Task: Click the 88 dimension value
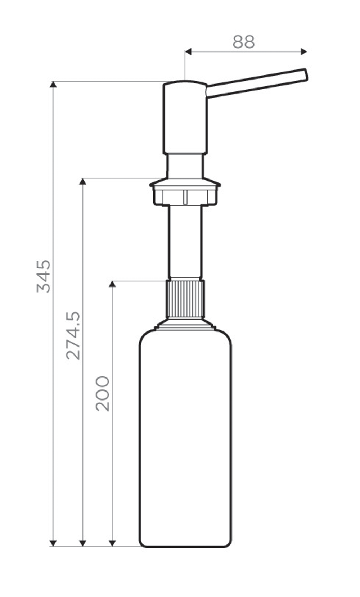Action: pos(243,42)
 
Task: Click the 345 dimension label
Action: pos(44,276)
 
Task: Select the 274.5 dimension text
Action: pos(73,336)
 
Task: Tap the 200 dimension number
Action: pos(103,393)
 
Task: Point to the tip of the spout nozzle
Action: pos(305,75)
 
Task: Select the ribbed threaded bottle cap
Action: pos(185,299)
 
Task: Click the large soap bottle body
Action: pos(185,439)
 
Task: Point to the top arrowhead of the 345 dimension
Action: pos(53,85)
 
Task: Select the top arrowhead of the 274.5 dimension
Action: pos(83,181)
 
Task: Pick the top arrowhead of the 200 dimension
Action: pos(112,284)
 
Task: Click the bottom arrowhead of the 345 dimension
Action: pos(53,543)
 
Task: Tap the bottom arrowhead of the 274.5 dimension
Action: pos(83,543)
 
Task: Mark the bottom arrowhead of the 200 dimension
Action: pos(112,543)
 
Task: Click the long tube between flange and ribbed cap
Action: pos(185,241)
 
